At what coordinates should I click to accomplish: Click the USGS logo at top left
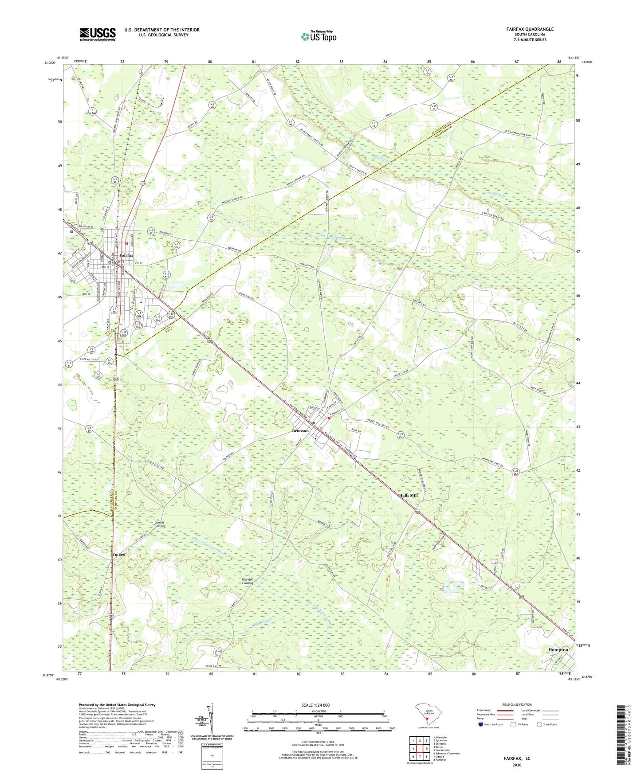click(97, 34)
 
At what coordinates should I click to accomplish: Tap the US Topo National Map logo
click(318, 36)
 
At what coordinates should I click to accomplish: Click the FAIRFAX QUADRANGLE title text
click(530, 29)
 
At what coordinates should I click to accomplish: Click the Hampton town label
click(558, 650)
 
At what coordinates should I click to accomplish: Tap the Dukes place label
click(118, 555)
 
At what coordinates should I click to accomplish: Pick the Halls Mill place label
click(408, 495)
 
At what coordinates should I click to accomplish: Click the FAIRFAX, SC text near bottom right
click(517, 758)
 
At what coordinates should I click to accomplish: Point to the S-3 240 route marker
click(92, 112)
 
